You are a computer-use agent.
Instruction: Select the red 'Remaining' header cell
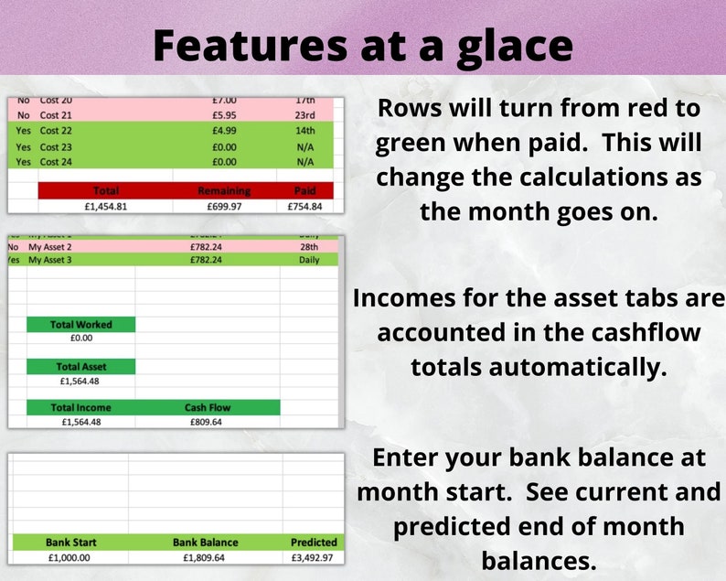[x=223, y=191]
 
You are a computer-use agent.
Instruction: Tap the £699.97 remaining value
[x=223, y=206]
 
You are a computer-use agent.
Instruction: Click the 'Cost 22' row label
[x=56, y=131]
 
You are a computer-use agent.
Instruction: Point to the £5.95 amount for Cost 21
[x=223, y=115]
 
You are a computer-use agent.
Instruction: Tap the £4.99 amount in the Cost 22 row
[x=223, y=131]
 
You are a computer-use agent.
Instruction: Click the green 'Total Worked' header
[x=81, y=325]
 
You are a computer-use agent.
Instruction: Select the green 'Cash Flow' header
[x=208, y=408]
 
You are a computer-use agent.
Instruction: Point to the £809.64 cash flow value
[x=208, y=423]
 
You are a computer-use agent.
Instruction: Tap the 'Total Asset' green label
[x=81, y=367]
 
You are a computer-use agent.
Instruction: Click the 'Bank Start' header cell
[x=71, y=542]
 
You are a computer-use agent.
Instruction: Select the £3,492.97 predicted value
[x=314, y=556]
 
